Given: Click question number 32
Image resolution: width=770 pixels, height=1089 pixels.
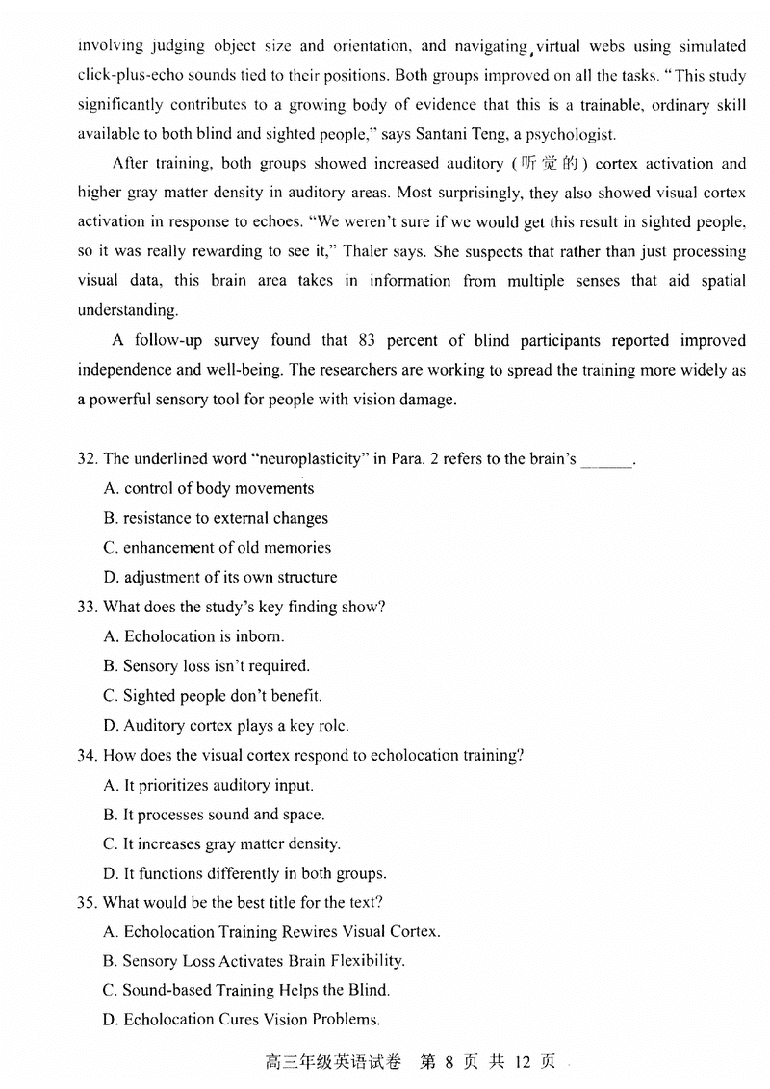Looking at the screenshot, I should (x=87, y=459).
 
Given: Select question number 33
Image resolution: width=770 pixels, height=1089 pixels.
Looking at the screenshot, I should (x=87, y=607).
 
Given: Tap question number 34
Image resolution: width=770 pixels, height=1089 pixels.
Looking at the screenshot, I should (x=87, y=755).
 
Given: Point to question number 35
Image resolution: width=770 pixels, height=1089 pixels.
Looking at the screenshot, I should (x=87, y=902).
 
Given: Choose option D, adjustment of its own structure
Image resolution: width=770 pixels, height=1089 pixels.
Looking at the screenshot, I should (x=220, y=578).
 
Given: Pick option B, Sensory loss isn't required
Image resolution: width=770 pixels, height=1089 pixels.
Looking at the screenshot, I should (x=207, y=666).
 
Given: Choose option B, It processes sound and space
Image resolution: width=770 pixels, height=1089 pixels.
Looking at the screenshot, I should (x=214, y=815).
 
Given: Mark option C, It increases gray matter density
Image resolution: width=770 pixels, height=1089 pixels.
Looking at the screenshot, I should (x=221, y=844).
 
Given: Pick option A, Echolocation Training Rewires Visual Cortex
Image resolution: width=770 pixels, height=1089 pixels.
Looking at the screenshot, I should (x=271, y=932).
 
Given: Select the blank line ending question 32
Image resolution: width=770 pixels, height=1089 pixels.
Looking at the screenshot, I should (x=607, y=461).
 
